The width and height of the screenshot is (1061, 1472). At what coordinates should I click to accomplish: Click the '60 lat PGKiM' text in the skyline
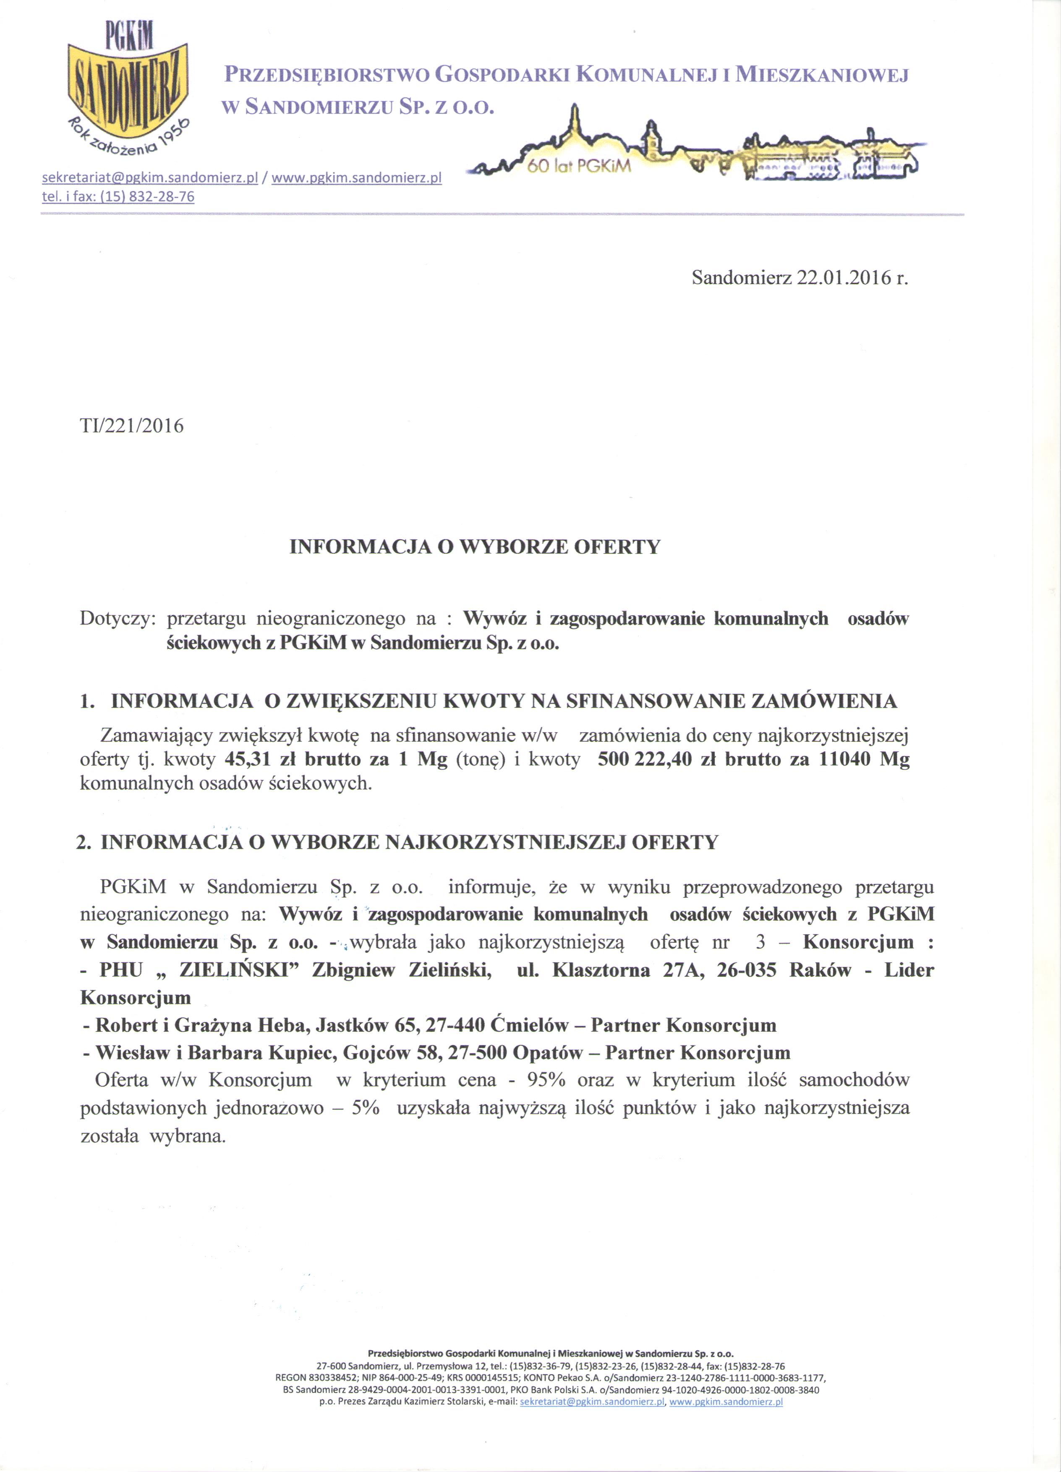point(580,167)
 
